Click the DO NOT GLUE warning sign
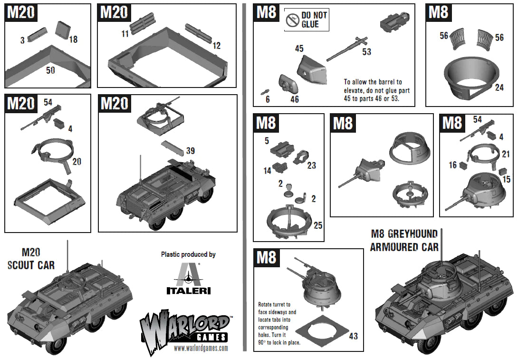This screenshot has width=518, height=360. (x=307, y=20)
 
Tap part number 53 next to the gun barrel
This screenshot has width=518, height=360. (x=366, y=52)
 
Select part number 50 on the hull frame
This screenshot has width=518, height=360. (x=50, y=70)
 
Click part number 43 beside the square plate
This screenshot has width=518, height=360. (x=353, y=336)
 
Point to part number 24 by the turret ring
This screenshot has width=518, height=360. (x=499, y=88)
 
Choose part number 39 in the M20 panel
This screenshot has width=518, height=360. (x=190, y=151)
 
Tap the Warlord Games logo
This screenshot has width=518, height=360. (x=188, y=328)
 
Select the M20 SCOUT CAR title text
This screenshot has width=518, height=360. (x=31, y=259)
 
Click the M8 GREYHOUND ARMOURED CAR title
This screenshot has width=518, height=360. (x=404, y=240)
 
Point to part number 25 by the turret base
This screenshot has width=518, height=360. (x=318, y=225)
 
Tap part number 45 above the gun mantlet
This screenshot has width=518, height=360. (x=299, y=49)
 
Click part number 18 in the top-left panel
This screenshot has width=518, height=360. (x=73, y=39)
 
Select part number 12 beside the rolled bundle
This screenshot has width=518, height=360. (x=217, y=46)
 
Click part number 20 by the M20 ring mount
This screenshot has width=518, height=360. (x=77, y=162)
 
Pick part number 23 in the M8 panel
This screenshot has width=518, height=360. (x=312, y=165)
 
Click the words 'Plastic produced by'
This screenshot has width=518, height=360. (x=188, y=254)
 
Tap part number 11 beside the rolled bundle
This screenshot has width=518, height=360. (x=125, y=34)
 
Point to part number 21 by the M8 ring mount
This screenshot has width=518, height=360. (x=505, y=154)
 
